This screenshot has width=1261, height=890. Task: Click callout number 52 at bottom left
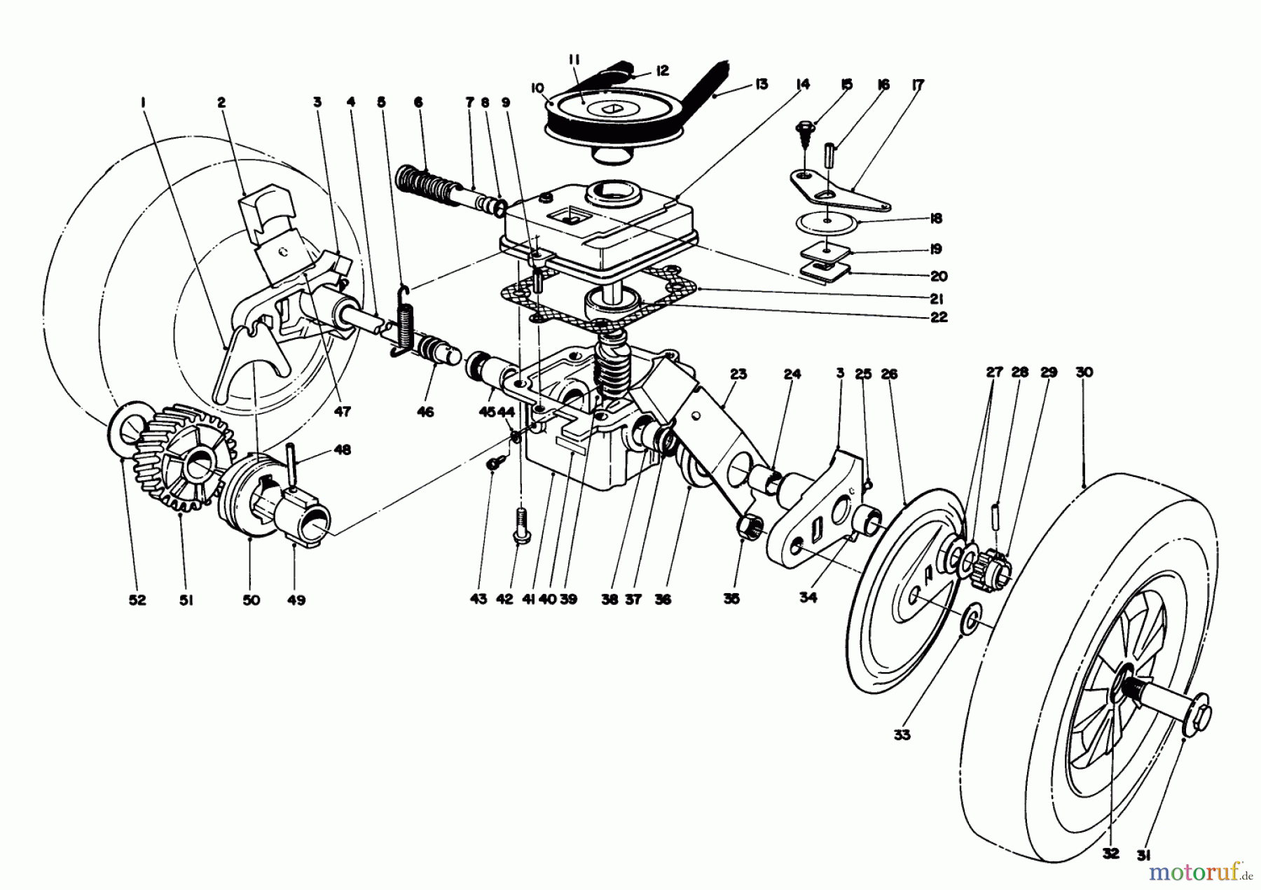tap(137, 600)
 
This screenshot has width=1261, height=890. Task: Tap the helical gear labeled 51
tap(184, 466)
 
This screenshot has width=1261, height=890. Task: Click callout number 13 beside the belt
tap(762, 84)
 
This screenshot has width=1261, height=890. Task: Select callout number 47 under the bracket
tap(342, 412)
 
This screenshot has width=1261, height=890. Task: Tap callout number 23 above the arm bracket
tap(738, 374)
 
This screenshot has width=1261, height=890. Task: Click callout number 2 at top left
tap(221, 103)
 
